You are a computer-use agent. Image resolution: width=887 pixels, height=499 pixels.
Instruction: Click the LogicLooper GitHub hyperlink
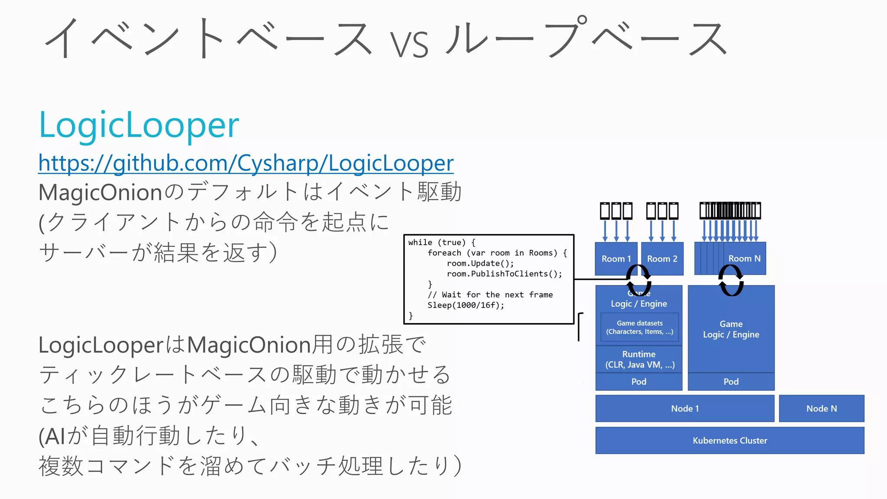click(x=246, y=163)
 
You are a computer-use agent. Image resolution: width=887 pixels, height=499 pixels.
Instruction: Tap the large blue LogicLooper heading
click(x=139, y=125)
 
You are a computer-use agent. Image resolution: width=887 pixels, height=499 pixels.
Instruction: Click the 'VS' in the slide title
click(x=409, y=44)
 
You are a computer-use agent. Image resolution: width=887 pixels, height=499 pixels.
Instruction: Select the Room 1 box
click(x=615, y=259)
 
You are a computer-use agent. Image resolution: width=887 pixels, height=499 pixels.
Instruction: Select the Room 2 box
click(x=662, y=259)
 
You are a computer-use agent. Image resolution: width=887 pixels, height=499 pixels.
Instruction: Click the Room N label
click(x=744, y=259)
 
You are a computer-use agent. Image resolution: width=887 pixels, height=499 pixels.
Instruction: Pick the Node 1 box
click(x=684, y=408)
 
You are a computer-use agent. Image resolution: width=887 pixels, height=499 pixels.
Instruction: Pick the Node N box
click(x=821, y=408)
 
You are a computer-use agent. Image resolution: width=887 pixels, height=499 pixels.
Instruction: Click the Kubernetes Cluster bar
click(x=729, y=441)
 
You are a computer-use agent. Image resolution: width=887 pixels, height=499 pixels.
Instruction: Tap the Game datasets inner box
click(x=639, y=327)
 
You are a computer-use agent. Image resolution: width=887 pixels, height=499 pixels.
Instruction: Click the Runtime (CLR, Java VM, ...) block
click(x=639, y=360)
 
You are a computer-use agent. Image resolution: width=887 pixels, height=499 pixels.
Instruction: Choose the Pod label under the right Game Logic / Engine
click(x=731, y=382)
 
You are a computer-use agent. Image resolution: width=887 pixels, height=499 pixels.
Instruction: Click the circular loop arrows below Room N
click(x=731, y=280)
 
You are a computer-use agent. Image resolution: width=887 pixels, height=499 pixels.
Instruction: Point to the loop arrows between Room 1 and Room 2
click(x=638, y=280)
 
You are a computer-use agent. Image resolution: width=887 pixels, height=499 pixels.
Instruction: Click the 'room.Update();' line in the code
click(x=480, y=263)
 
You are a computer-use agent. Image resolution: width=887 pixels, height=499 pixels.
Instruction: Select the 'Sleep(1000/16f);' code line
click(x=466, y=305)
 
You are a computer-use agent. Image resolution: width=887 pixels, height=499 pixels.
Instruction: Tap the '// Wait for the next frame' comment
click(x=490, y=295)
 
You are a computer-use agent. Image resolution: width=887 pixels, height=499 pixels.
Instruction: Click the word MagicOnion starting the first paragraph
click(x=100, y=192)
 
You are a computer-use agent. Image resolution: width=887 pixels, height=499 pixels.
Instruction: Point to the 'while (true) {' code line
click(x=441, y=243)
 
